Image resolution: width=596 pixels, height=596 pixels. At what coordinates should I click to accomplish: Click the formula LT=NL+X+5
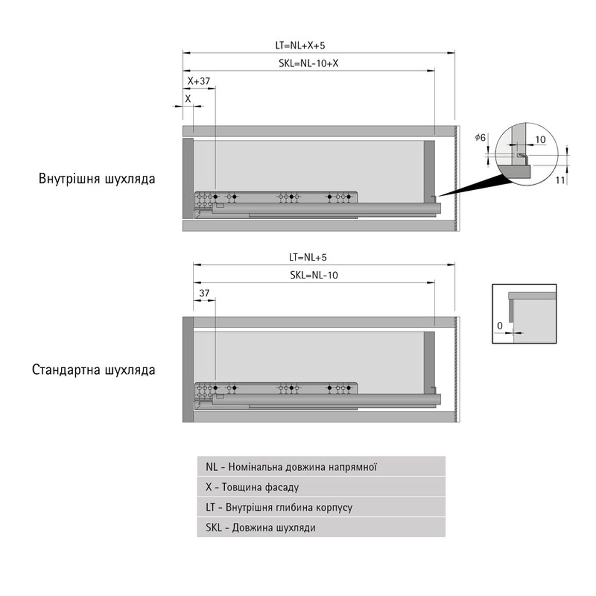tap(300, 45)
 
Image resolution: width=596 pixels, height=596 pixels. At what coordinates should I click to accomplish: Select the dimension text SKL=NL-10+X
tap(308, 63)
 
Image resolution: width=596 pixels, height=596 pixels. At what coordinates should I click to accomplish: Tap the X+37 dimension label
tap(198, 81)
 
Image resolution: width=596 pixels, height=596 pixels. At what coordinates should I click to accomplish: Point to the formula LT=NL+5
tap(307, 257)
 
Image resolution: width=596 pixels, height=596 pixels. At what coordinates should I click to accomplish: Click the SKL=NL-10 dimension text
tap(313, 275)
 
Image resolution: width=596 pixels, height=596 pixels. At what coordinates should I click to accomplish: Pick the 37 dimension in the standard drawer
tap(204, 293)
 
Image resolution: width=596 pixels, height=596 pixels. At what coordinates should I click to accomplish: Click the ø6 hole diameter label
tap(481, 137)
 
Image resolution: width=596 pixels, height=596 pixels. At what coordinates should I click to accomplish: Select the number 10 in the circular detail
tap(540, 140)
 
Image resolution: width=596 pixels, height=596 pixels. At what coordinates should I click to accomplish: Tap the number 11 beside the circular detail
tap(560, 180)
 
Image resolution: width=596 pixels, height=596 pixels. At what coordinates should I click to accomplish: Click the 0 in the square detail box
tap(500, 326)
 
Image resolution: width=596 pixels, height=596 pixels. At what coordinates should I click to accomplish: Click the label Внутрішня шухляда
tap(97, 179)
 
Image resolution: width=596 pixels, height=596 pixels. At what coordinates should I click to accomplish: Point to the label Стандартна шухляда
tap(93, 370)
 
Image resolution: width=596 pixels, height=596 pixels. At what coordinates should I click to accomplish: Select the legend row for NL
tap(321, 467)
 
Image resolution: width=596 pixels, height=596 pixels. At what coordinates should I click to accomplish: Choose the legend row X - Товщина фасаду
tap(321, 487)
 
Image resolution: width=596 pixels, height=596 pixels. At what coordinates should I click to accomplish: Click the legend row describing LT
tap(321, 507)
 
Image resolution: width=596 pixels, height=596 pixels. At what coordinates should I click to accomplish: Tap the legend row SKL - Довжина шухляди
tap(321, 527)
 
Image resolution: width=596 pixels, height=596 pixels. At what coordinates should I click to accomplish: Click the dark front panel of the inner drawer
tap(188, 178)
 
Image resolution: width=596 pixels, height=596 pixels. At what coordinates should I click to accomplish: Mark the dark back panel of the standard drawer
tap(429, 363)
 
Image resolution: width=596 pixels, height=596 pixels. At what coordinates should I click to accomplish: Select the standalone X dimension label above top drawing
tap(188, 99)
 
